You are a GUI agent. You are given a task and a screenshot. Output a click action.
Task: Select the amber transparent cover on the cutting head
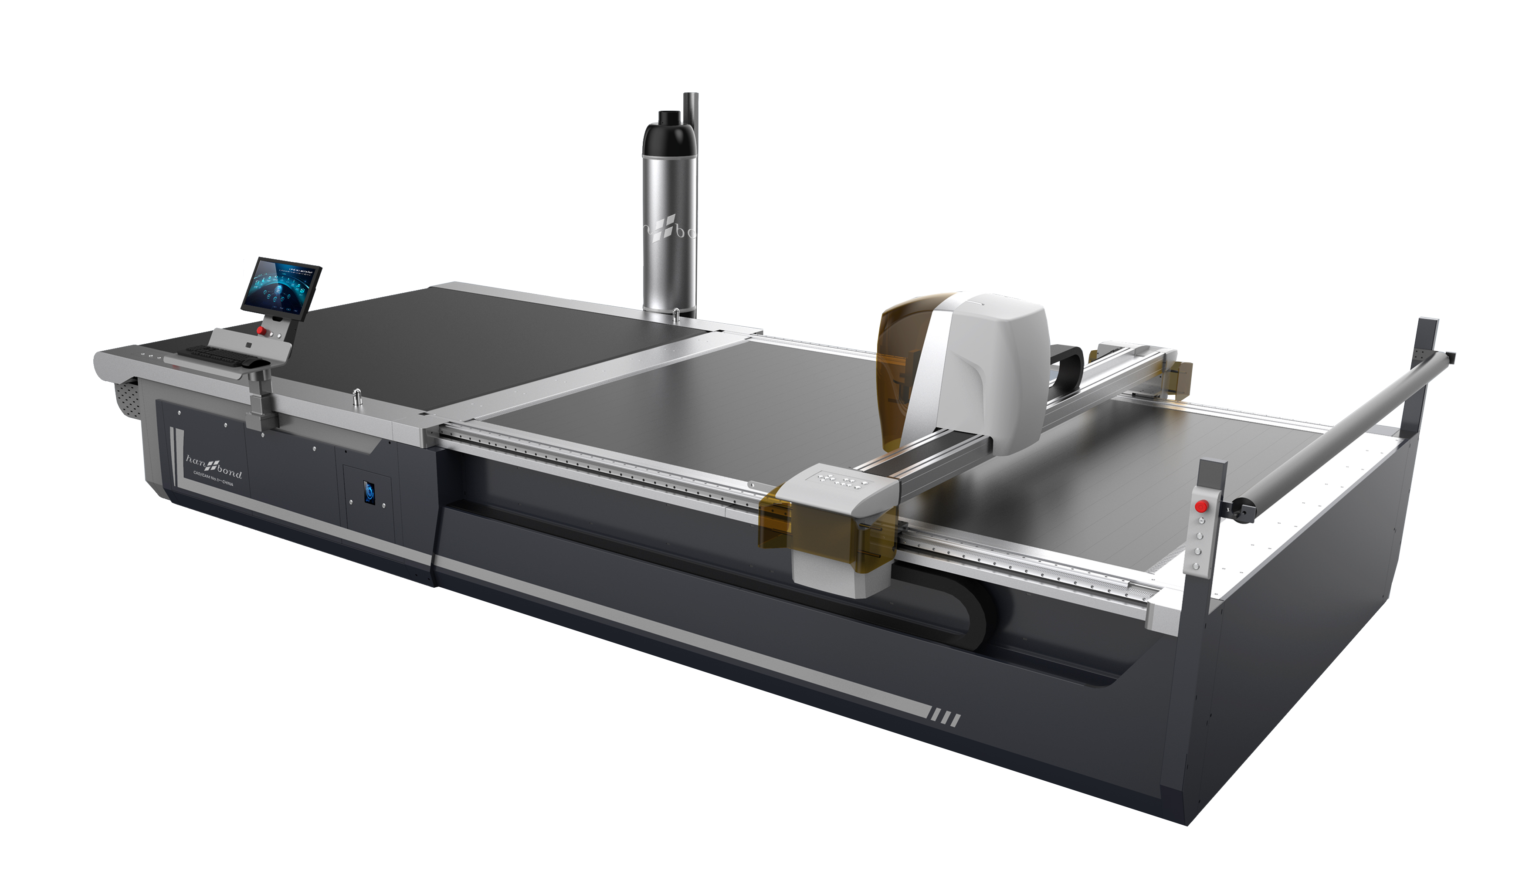click(x=904, y=367)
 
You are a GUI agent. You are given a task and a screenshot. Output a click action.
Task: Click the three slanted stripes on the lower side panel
click(x=945, y=718)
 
